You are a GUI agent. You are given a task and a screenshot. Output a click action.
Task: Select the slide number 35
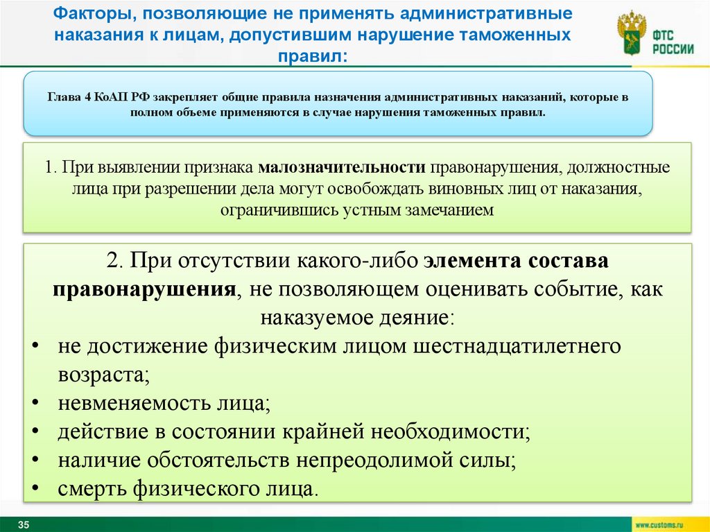(24, 524)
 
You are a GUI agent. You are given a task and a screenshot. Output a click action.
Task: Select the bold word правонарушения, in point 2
(143, 289)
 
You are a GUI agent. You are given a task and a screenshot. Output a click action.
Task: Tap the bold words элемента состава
(516, 261)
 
